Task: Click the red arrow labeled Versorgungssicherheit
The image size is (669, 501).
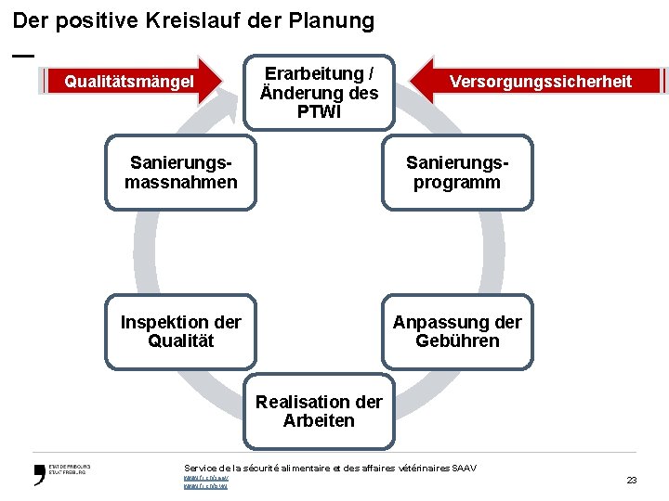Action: [x=539, y=81]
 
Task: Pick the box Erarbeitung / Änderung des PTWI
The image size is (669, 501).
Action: [x=319, y=92]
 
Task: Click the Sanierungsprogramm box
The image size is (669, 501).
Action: [x=457, y=173]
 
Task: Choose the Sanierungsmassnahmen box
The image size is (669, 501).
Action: [x=180, y=173]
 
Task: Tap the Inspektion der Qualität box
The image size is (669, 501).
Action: [x=180, y=331]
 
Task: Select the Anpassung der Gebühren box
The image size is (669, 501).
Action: [x=457, y=331]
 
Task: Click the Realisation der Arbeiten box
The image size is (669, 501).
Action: [x=319, y=411]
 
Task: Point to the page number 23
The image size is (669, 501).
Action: [x=632, y=480]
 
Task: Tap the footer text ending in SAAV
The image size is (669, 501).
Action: [x=330, y=468]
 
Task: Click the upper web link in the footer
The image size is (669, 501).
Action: [x=204, y=478]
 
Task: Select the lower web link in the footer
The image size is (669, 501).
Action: [x=204, y=486]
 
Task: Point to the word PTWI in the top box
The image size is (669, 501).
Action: [x=319, y=112]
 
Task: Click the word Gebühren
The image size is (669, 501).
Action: [x=457, y=341]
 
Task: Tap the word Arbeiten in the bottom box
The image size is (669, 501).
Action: [x=319, y=421]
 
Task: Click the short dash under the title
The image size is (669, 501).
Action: [x=23, y=56]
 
